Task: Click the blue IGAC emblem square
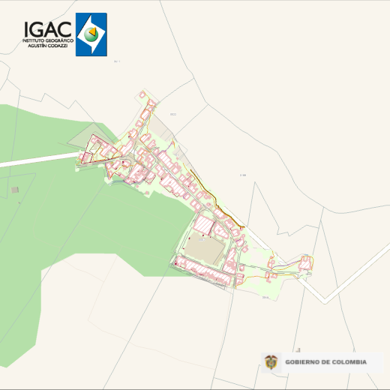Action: (x=91, y=34)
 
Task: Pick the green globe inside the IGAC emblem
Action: (x=91, y=34)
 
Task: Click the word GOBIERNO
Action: (x=302, y=362)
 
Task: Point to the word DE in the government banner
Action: (x=325, y=362)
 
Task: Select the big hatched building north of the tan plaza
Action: (x=204, y=223)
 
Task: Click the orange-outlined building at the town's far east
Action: (x=305, y=262)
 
